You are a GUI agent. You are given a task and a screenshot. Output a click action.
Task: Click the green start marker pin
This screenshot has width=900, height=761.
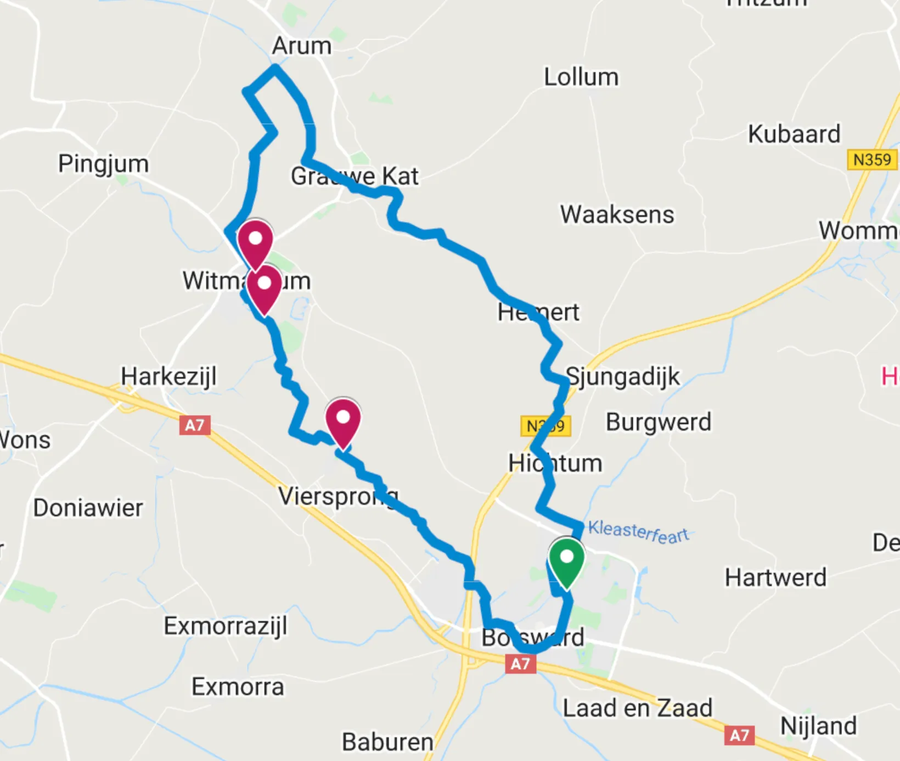coord(566,560)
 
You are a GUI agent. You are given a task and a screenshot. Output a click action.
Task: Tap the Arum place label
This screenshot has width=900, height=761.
coord(302,46)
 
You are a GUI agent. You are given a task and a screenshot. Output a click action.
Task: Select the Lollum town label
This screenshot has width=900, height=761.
coord(581,77)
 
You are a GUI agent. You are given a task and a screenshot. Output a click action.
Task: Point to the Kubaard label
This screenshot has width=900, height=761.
coord(794,134)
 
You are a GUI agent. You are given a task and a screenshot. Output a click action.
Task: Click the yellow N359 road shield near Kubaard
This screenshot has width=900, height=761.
coord(871,160)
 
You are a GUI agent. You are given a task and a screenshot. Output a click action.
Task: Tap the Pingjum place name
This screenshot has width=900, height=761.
coord(104,164)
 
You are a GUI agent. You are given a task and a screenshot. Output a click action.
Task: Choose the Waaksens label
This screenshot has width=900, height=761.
coord(617,214)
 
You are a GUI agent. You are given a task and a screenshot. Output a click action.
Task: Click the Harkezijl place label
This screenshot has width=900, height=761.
coord(168,377)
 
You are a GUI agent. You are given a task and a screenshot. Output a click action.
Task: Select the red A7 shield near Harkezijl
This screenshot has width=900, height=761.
coord(195,425)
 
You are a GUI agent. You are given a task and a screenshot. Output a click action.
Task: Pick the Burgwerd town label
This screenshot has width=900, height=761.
coord(659,422)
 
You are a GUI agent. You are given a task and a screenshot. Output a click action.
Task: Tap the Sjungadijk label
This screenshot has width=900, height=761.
coord(623,377)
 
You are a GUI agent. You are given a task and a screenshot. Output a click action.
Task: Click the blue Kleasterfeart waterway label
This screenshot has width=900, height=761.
coord(638,532)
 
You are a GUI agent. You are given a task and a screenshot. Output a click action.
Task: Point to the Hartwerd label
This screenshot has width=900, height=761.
coord(775,577)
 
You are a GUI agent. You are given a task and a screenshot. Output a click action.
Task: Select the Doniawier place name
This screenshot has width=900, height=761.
coord(88,508)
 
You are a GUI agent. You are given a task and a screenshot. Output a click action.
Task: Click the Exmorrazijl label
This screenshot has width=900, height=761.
coord(226,626)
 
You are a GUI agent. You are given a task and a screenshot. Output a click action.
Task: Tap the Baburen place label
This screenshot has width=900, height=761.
coord(387,742)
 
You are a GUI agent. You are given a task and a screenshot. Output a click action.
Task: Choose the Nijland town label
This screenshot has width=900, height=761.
coord(818,726)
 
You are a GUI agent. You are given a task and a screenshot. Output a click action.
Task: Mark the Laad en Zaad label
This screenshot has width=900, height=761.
coord(638,708)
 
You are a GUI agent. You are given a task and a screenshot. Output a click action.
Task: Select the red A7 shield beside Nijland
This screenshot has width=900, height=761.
coord(739,735)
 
